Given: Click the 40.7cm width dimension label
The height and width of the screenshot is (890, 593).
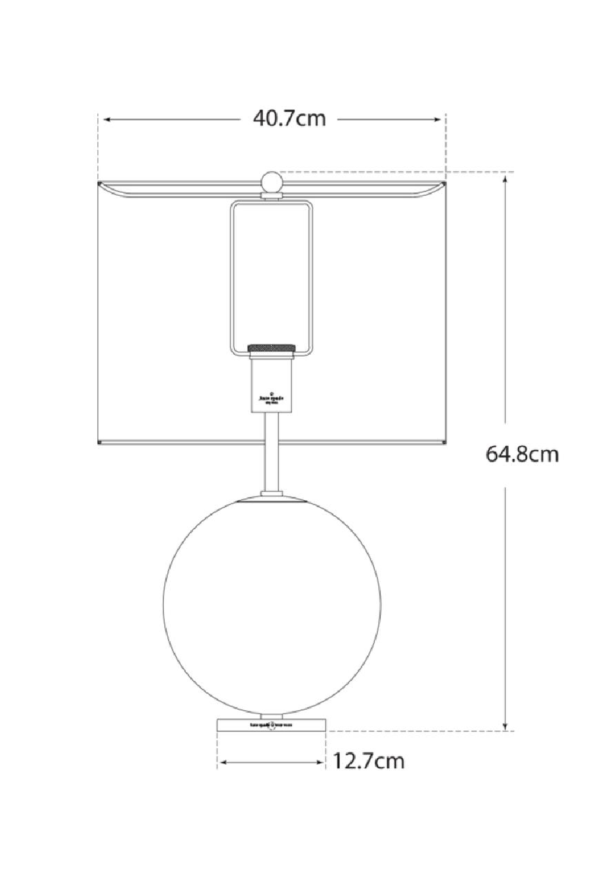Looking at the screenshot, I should pos(289,119).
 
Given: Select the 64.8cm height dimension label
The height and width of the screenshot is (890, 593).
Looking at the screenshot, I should pos(522,454).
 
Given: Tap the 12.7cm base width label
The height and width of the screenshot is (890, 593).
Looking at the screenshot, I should pos(368,760).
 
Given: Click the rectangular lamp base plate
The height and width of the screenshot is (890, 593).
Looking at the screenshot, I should pos(272,725).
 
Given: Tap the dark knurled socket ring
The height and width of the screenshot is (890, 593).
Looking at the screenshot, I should pos(272,346).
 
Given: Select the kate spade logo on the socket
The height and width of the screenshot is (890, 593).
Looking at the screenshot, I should pos(272,396).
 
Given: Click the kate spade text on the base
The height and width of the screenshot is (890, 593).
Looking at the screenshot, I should pos(272,725).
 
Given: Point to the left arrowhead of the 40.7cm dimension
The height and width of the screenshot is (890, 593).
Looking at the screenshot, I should pos(106,120).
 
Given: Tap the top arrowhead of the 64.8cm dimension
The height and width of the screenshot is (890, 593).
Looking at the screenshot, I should pos(505,177).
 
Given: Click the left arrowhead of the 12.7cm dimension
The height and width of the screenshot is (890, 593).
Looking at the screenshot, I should pos(223,761).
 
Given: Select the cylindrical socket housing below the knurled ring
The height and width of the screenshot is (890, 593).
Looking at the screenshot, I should pos(272,383).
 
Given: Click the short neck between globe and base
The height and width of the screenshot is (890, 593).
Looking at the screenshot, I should pos(272,715).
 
